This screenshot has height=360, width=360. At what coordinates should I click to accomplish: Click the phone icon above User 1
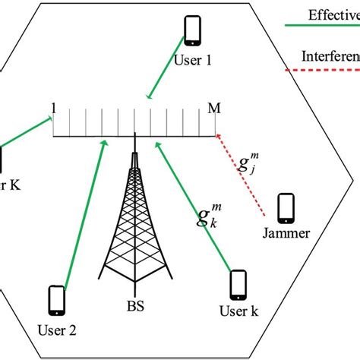pos(193,30)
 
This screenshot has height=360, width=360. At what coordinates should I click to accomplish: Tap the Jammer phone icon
pos(286,207)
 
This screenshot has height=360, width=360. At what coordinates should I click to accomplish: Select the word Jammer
pos(286,234)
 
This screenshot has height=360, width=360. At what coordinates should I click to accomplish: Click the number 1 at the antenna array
pos(54,107)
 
